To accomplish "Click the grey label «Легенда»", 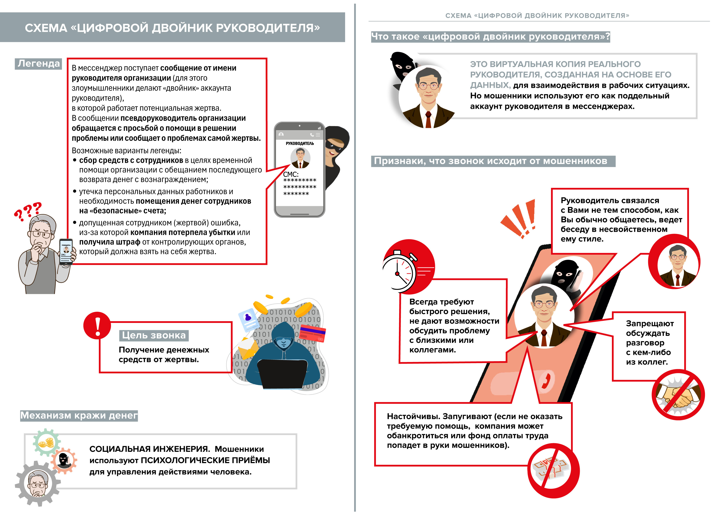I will pos(38,64).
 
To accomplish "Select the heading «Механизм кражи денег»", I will pos(79,415).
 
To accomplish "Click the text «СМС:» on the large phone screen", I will pos(290,174).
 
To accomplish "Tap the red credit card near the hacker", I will pos(312,333).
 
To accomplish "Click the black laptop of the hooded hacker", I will pos(282,374).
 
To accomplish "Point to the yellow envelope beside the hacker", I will pos(248,348).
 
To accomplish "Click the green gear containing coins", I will pos(46,442).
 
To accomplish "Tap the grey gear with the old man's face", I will pos(38,483).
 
